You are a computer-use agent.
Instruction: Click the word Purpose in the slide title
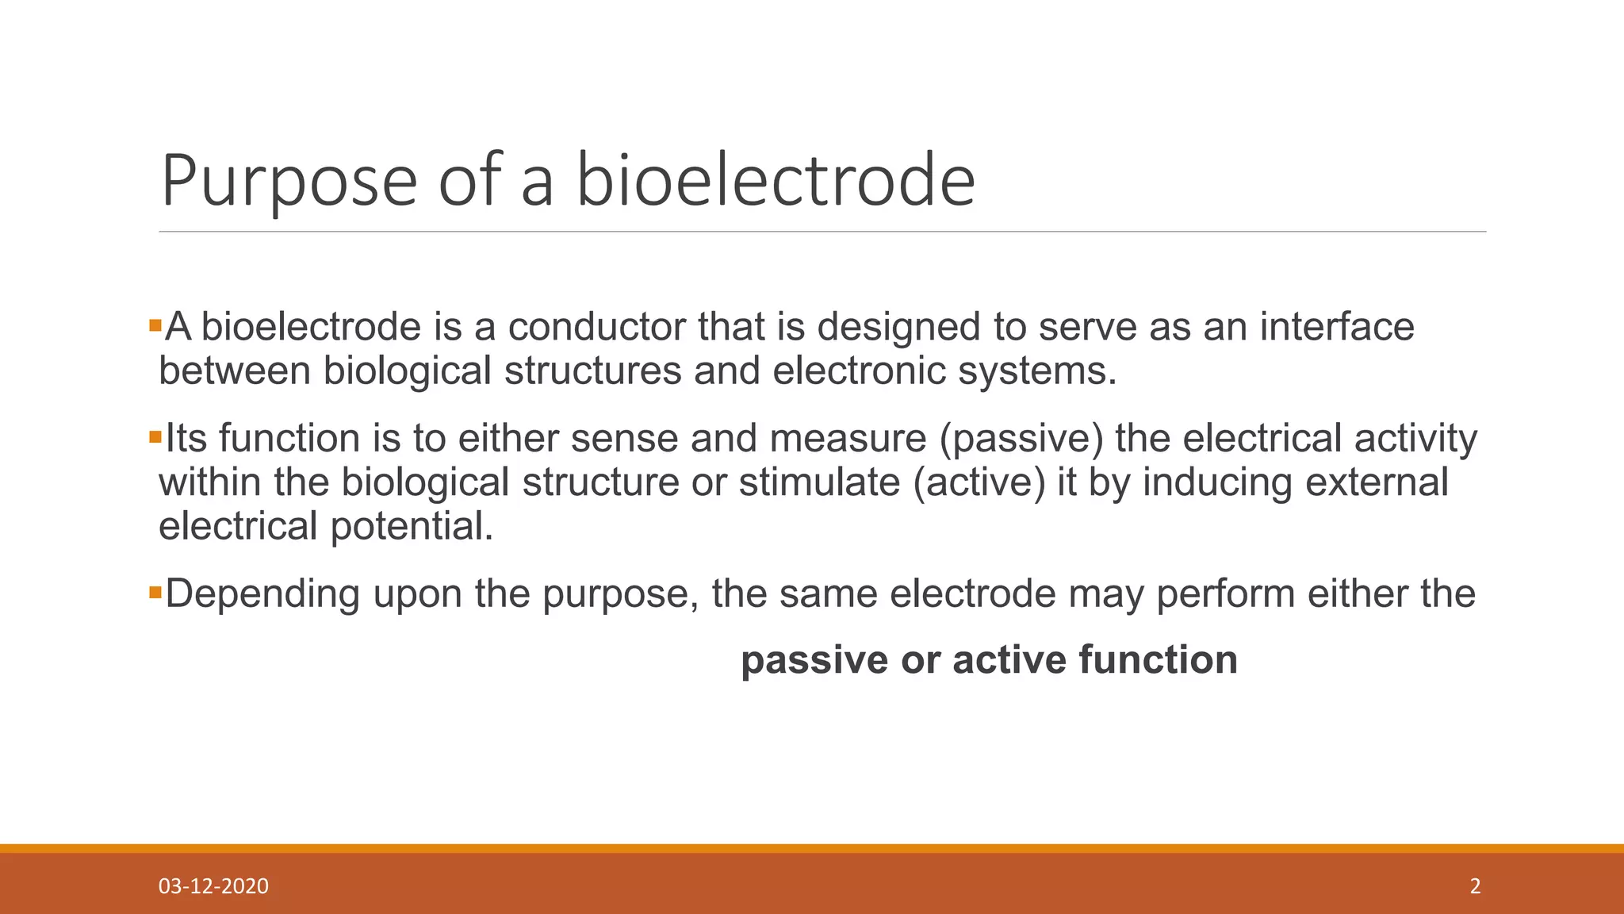289,182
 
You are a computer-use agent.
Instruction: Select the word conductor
596,327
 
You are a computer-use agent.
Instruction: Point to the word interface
1337,327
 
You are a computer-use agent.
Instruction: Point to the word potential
412,527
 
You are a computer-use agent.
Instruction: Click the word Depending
262,595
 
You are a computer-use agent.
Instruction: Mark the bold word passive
814,661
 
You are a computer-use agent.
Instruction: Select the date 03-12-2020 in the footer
213,886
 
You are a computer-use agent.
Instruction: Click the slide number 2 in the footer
1475,886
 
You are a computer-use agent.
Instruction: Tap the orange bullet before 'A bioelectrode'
155,325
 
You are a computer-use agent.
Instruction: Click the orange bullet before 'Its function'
155,437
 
